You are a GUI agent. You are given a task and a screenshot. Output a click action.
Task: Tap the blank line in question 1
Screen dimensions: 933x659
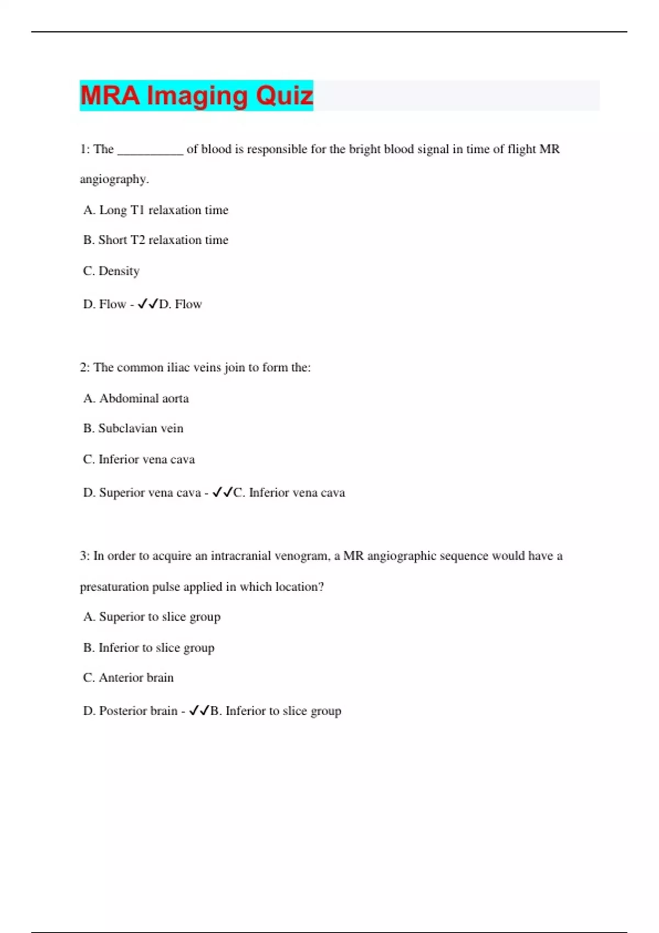coord(150,150)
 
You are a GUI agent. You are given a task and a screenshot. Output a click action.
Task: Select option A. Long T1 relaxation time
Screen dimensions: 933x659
coord(155,210)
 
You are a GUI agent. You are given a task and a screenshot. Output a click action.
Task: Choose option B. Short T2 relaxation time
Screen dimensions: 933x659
coord(155,240)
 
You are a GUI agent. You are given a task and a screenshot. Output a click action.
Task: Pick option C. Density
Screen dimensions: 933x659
coord(111,271)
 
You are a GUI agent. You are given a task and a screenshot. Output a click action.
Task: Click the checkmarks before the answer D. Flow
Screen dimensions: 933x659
coord(148,304)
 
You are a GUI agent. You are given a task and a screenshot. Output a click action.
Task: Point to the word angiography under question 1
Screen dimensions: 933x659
coord(114,179)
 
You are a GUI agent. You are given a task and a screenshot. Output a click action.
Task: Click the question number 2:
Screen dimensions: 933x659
coord(85,368)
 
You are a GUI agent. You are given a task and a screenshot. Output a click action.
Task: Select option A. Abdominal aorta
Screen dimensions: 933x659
coord(136,398)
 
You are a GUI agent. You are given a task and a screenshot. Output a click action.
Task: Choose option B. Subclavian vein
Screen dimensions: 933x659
coord(133,429)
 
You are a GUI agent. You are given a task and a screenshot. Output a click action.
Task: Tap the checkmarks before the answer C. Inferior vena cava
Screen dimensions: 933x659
coord(222,492)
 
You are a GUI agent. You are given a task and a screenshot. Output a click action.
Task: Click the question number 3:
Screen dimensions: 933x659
coord(85,556)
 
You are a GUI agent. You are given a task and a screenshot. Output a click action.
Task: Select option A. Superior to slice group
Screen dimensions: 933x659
coord(152,617)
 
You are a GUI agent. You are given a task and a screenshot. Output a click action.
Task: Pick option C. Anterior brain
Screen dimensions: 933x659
coord(128,678)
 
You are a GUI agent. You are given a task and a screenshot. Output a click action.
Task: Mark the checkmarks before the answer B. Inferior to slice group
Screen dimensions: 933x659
coord(199,711)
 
